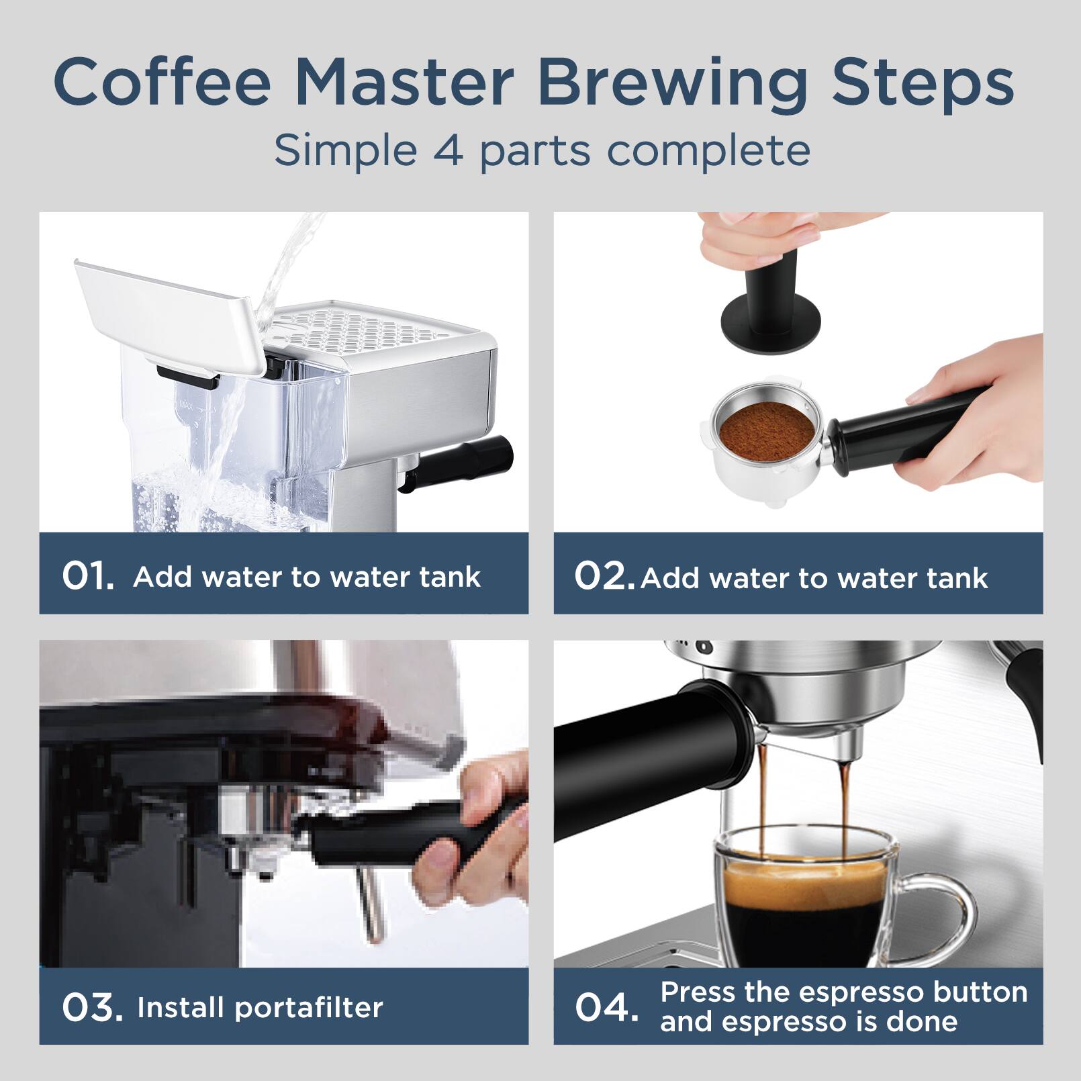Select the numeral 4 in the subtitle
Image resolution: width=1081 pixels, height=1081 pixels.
click(448, 150)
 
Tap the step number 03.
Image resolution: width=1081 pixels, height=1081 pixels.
click(92, 1007)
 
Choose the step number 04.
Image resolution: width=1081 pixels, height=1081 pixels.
click(606, 1007)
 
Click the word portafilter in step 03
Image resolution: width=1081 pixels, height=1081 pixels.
click(310, 1008)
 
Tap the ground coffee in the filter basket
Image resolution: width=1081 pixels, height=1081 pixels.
click(765, 430)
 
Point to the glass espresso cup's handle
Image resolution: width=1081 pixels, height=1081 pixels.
click(953, 906)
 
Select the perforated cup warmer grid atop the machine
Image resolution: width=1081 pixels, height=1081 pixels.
click(376, 329)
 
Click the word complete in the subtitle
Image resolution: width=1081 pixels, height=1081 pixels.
click(708, 150)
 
